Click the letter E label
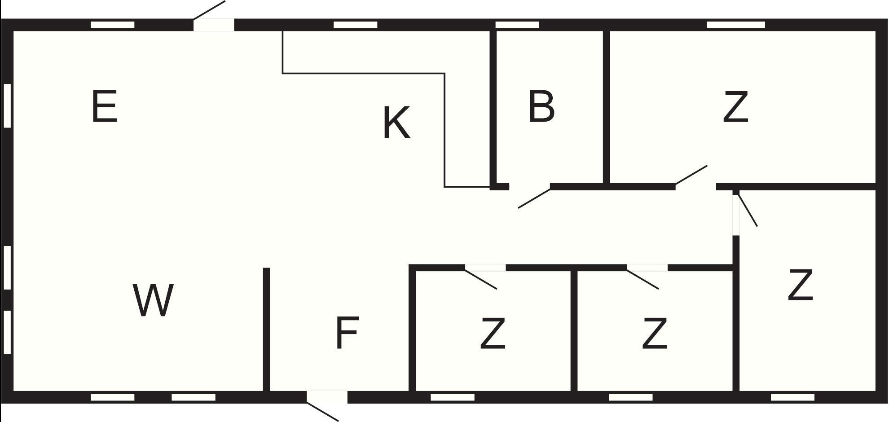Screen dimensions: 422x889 104,106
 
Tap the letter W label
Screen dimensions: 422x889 153,300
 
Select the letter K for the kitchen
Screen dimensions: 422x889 396,123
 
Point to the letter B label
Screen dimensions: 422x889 541,106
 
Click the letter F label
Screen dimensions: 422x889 347,333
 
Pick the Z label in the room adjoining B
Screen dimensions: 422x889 736,106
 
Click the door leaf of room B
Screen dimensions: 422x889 534,198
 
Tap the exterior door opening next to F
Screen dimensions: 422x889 327,397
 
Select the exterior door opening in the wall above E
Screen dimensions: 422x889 214,25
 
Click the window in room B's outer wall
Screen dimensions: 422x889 517,25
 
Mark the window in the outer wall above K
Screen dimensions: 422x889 355,25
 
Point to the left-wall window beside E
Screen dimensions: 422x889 7,105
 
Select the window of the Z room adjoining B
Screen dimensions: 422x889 736,25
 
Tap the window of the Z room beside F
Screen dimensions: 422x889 453,397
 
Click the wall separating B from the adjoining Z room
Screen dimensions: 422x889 606,108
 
